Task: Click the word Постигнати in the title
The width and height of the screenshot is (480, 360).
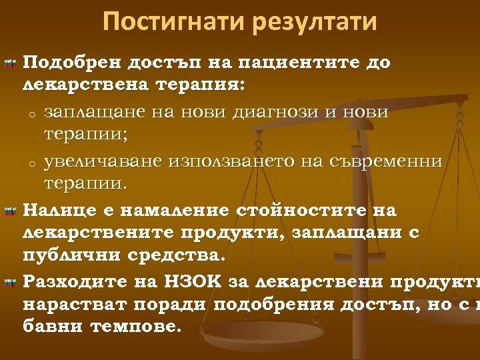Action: (174, 21)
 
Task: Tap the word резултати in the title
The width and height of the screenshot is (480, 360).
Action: (315, 21)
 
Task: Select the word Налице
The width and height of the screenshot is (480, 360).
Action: (55, 211)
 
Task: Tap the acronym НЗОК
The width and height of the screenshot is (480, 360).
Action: (201, 282)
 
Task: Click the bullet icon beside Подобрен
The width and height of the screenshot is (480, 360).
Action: (9, 64)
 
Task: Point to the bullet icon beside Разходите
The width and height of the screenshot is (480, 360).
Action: (9, 283)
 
